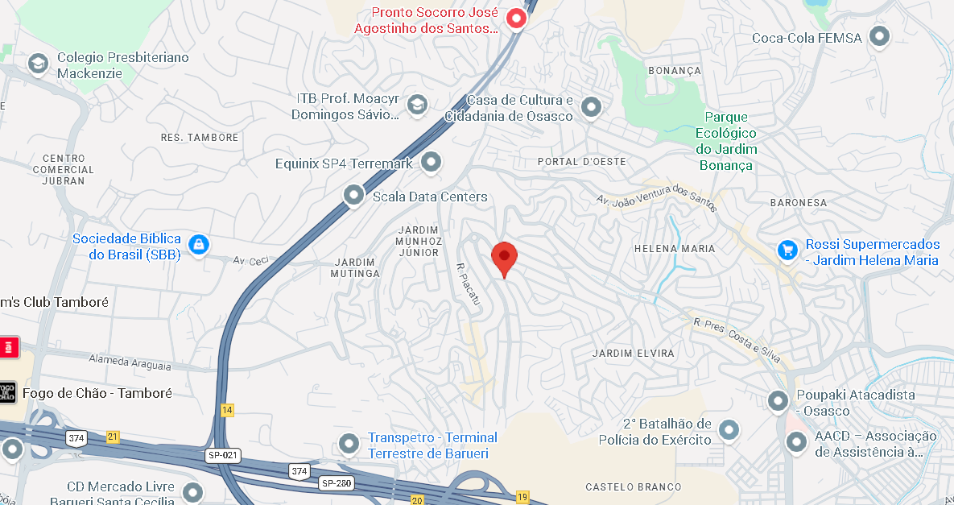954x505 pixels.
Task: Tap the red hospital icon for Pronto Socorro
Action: [515, 17]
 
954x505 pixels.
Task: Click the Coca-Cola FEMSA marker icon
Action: [880, 36]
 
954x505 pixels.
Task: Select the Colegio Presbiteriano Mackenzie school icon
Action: [38, 64]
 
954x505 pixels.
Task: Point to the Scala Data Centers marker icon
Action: [353, 195]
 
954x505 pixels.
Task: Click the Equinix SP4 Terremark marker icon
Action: [432, 162]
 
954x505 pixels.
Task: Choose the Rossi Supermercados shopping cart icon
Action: [787, 250]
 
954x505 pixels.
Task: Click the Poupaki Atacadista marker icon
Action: [778, 400]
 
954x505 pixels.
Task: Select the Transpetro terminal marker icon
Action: [349, 443]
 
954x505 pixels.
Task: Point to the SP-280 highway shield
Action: [337, 483]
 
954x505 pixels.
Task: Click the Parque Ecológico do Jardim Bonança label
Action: [726, 141]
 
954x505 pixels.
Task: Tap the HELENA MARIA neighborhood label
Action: [675, 249]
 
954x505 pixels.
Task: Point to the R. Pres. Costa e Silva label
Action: [737, 335]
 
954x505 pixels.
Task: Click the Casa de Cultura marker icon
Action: [592, 107]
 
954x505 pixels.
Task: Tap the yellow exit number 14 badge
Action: [227, 410]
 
